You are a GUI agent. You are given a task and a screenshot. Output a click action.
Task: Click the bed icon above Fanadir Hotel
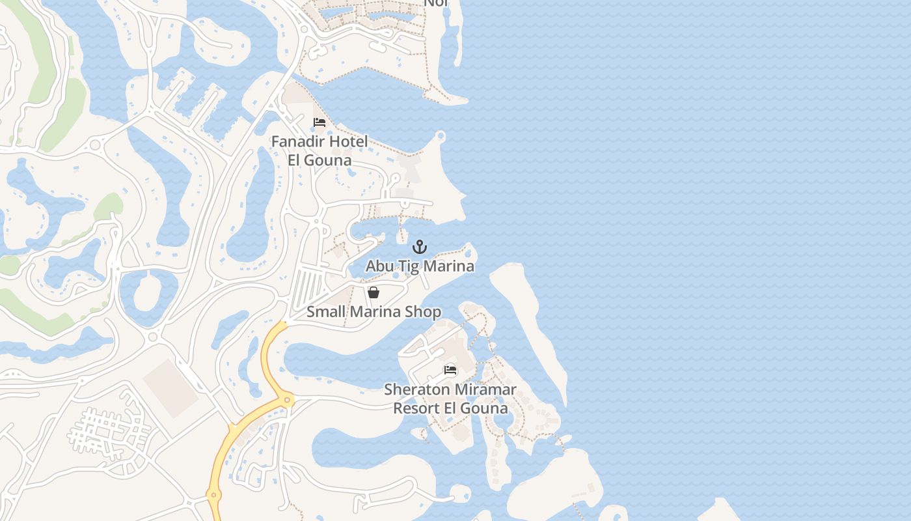click(319, 122)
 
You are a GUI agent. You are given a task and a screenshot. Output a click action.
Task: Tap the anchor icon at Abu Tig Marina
click(420, 247)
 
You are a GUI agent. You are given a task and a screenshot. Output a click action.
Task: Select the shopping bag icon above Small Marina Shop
click(374, 292)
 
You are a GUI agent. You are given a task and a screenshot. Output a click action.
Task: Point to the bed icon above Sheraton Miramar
click(450, 371)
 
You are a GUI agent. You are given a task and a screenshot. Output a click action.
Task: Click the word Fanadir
click(297, 141)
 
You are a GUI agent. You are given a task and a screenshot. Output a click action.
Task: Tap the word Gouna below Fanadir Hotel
click(329, 160)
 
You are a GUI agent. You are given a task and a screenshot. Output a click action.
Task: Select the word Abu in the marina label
click(379, 266)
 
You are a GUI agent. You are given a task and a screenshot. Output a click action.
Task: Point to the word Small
click(325, 311)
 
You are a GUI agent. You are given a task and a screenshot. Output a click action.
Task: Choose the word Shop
click(423, 311)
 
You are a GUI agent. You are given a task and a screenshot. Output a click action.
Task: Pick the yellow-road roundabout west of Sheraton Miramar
click(287, 399)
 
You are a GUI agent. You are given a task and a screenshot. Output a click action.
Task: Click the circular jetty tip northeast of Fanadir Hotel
click(441, 135)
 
